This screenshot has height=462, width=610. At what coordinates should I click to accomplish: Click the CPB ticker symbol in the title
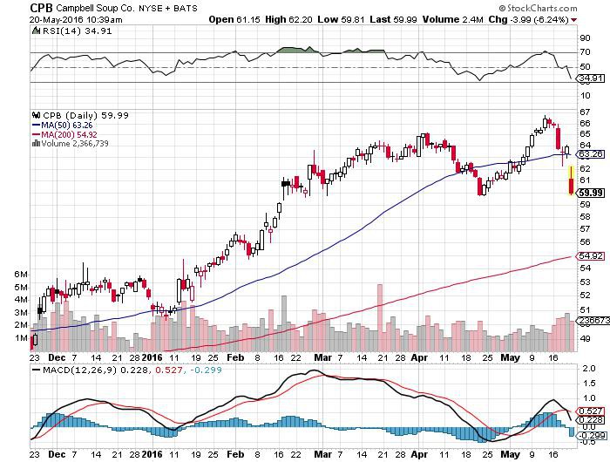41,8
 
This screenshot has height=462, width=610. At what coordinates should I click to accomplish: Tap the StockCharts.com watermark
538,8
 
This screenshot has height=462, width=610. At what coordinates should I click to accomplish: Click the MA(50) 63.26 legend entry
62,125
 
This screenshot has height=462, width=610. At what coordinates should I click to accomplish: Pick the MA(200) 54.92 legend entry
64,134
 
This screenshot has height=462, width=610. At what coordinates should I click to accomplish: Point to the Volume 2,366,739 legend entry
71,143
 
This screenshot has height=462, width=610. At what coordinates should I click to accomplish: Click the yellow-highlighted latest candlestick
572,180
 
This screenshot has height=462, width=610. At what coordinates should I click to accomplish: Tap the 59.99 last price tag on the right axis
591,193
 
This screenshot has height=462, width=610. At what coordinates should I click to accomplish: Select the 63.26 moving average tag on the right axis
590,154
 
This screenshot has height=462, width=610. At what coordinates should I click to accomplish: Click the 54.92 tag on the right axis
590,255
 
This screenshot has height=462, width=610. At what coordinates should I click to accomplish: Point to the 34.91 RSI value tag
590,78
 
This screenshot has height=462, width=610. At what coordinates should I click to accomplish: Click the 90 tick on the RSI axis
585,37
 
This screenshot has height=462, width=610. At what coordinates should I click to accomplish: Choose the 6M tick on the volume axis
21,274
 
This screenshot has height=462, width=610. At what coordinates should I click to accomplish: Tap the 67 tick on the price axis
585,112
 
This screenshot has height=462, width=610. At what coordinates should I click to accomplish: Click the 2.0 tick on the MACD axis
589,368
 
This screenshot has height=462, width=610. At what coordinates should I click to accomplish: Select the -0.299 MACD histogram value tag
592,435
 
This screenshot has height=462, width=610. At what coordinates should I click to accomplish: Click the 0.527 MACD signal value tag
591,411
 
